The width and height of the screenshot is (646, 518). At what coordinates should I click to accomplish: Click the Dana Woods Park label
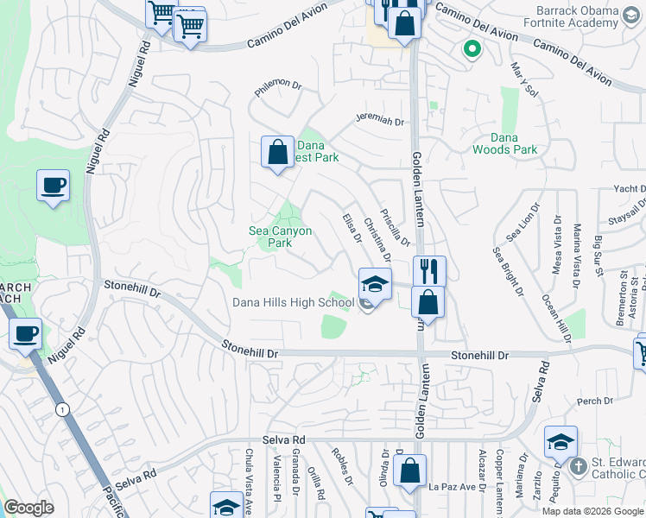(504, 143)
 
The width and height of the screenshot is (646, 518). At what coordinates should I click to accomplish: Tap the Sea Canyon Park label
(280, 237)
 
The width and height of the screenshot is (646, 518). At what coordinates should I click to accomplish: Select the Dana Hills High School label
(293, 302)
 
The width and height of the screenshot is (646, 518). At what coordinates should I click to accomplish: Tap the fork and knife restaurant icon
(428, 270)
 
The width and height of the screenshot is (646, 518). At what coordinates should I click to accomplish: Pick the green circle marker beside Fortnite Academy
(472, 49)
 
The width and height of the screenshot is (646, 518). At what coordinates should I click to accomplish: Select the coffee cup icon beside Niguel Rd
(53, 185)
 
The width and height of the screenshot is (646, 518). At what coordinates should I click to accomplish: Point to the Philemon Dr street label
(276, 86)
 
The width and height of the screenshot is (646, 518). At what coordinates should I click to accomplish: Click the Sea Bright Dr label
(509, 271)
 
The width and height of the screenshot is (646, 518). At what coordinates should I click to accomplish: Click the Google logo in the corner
(28, 508)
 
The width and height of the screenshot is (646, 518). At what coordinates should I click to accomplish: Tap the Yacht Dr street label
(630, 188)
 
